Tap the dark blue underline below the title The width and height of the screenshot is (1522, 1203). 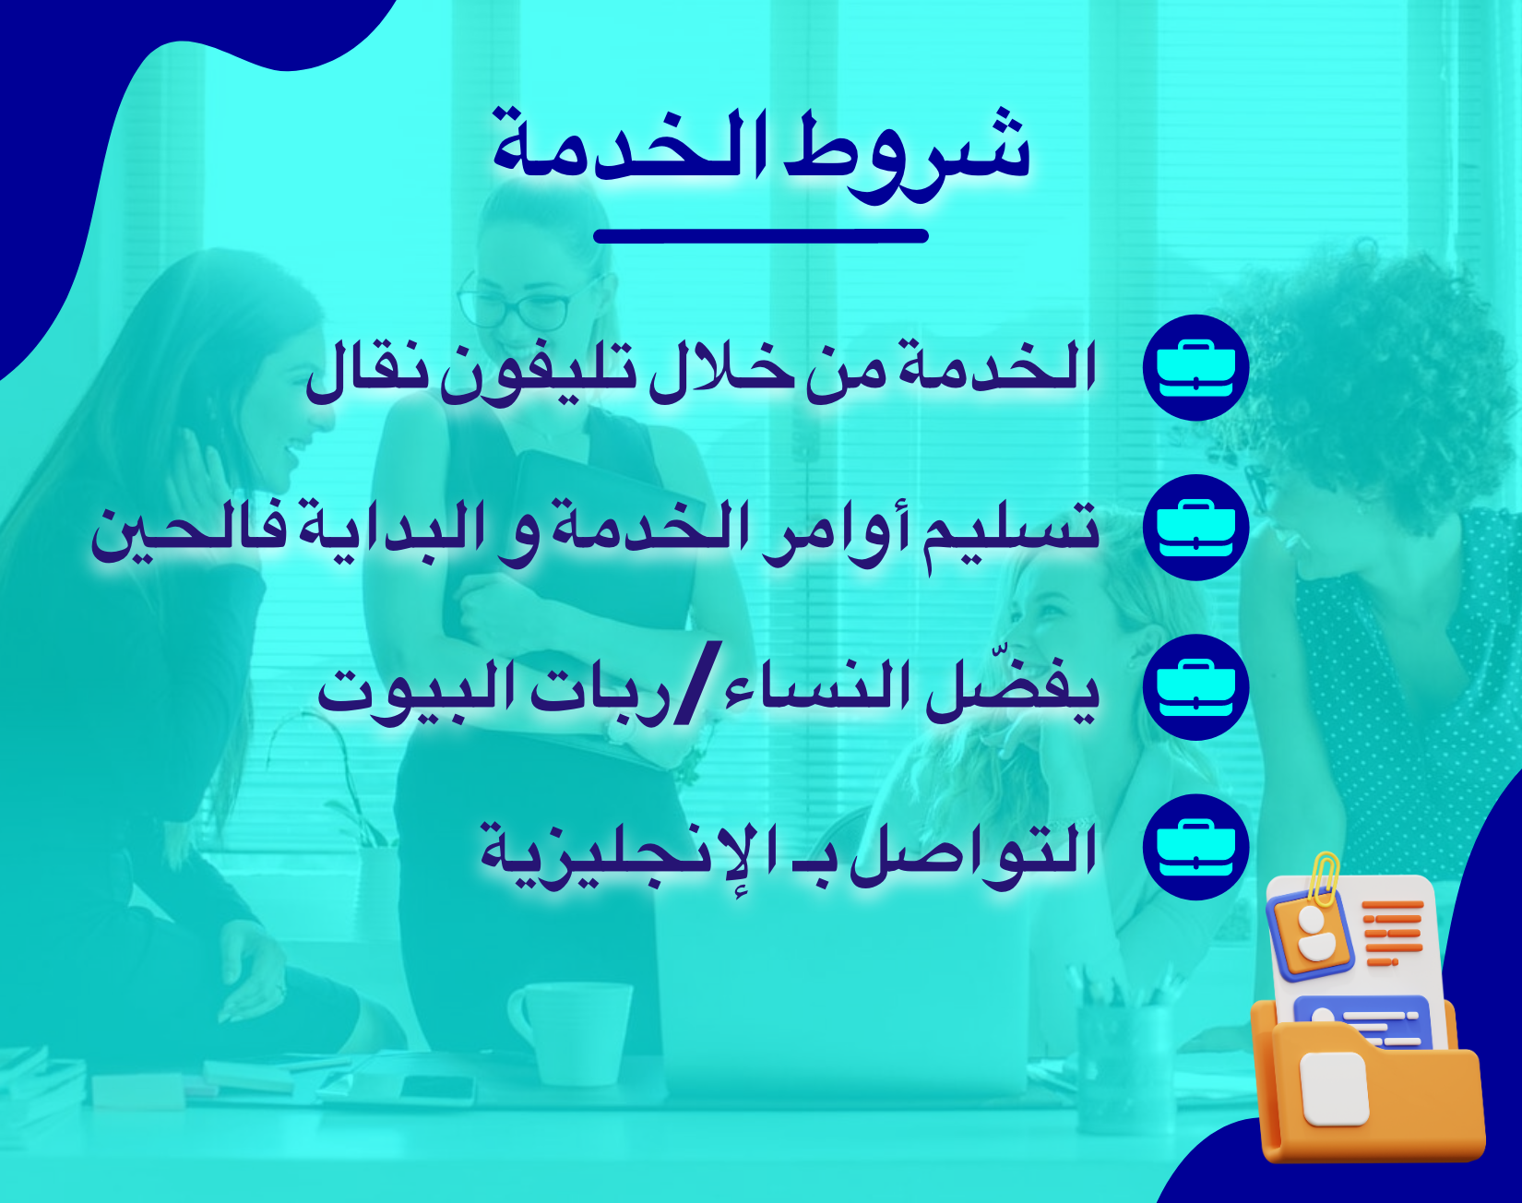pyautogui.click(x=761, y=236)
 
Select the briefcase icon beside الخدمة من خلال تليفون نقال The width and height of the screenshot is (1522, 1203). pyautogui.click(x=1195, y=367)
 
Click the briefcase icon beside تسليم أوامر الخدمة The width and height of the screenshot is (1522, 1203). pyautogui.click(x=1195, y=527)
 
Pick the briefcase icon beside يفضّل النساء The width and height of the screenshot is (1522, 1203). pyautogui.click(x=1195, y=686)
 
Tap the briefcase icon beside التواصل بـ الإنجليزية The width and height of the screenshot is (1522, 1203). pyautogui.click(x=1195, y=846)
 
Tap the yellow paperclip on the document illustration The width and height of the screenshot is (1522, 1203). pyautogui.click(x=1325, y=874)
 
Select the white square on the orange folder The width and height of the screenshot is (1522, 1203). pyautogui.click(x=1333, y=1089)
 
